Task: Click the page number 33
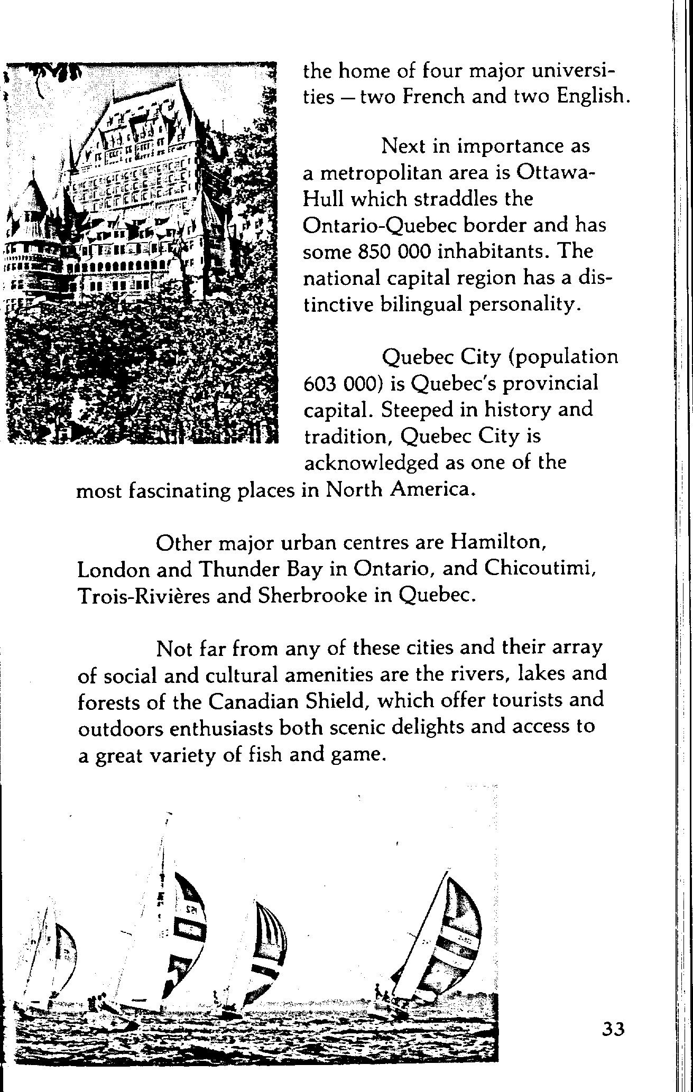click(613, 1029)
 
